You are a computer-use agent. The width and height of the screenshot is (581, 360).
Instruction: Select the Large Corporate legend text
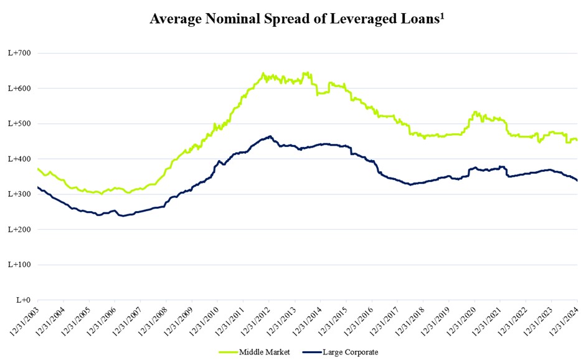pyautogui.click(x=350, y=352)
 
